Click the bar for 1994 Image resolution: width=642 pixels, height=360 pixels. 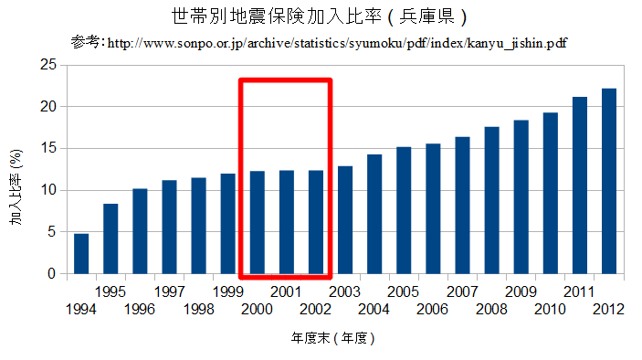pyautogui.click(x=81, y=254)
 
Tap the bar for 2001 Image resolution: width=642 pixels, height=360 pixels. pyautogui.click(x=287, y=222)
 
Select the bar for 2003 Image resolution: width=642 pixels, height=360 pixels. pyautogui.click(x=345, y=220)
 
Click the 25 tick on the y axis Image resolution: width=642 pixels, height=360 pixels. pyautogui.click(x=47, y=65)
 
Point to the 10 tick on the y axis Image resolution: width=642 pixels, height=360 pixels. pyautogui.click(x=47, y=190)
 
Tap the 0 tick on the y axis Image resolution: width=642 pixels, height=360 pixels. pyautogui.click(x=50, y=274)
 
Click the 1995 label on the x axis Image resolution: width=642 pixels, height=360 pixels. pyautogui.click(x=110, y=291)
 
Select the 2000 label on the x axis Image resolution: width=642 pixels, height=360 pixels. pyautogui.click(x=257, y=309)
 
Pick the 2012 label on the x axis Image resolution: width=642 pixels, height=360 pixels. pyautogui.click(x=608, y=309)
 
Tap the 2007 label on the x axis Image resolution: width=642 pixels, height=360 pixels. pyautogui.click(x=461, y=291)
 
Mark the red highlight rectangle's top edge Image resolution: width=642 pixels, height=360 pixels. pyautogui.click(x=285, y=80)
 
